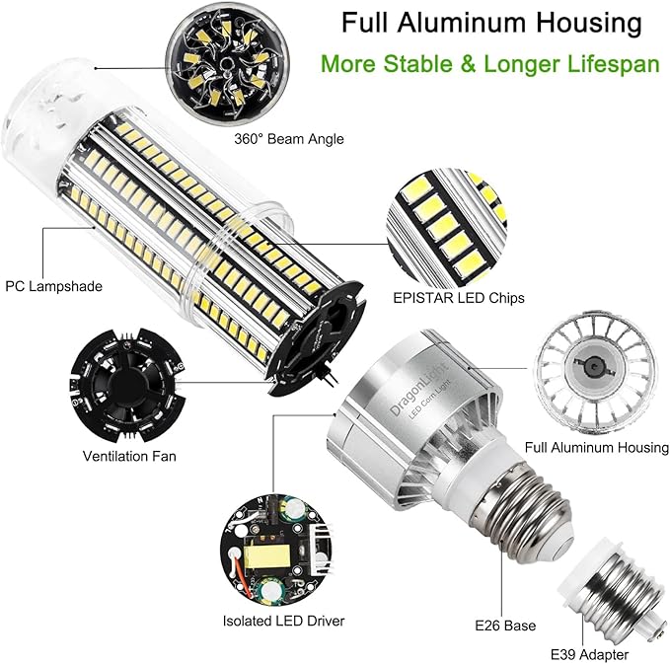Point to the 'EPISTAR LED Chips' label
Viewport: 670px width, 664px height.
(x=473, y=297)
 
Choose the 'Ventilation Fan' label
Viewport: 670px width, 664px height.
(x=129, y=457)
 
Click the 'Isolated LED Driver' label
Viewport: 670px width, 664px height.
(x=283, y=621)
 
